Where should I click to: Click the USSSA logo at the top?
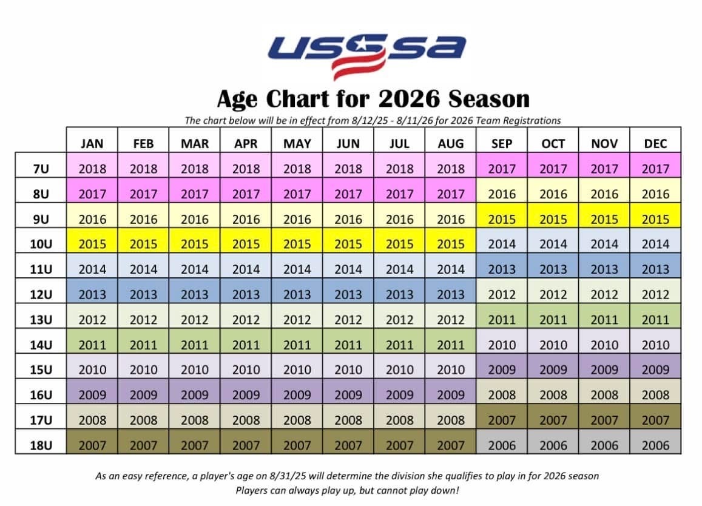coord(368,55)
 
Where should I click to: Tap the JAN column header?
coord(92,144)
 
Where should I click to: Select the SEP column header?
coord(502,144)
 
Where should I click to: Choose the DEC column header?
coord(655,144)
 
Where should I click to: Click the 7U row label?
coord(40,169)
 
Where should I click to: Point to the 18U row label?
coord(40,445)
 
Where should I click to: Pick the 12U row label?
coord(40,295)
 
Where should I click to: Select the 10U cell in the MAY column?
coord(297,244)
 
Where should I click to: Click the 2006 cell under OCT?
coord(553,445)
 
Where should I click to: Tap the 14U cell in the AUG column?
coord(451,345)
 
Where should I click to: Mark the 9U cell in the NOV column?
coord(604,219)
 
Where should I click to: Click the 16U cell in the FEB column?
coord(143,395)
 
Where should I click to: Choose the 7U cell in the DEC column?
coord(655,169)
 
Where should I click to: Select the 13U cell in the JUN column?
coord(348,320)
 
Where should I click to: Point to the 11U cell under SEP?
coord(502,269)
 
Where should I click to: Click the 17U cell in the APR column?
coord(246,420)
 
